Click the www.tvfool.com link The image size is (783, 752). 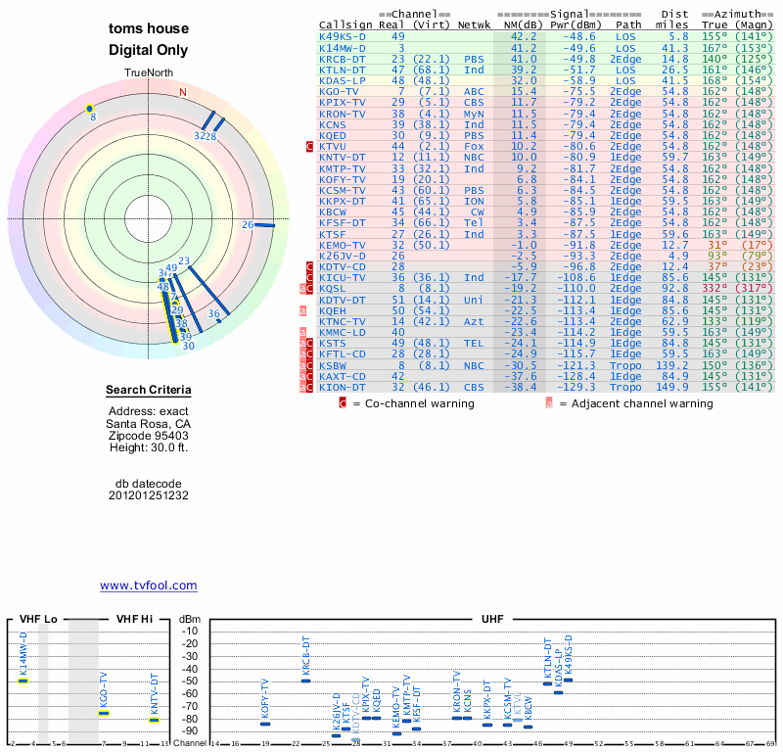tap(149, 586)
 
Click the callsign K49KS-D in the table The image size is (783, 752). tap(343, 36)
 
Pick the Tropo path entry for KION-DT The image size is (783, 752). tap(629, 386)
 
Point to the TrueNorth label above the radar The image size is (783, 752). tap(149, 73)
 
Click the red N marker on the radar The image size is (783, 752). tap(182, 93)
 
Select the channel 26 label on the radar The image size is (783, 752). tap(248, 225)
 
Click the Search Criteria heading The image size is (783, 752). tap(149, 391)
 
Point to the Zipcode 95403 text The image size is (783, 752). tap(149, 436)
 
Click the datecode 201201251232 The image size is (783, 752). tap(149, 495)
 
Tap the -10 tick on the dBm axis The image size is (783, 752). tap(190, 631)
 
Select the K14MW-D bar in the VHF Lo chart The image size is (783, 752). tap(23, 680)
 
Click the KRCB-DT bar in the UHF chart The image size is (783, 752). tap(305, 680)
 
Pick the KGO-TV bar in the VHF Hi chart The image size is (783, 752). tap(104, 713)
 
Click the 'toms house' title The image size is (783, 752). tap(149, 29)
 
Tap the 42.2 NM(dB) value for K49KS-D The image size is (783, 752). tap(523, 36)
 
